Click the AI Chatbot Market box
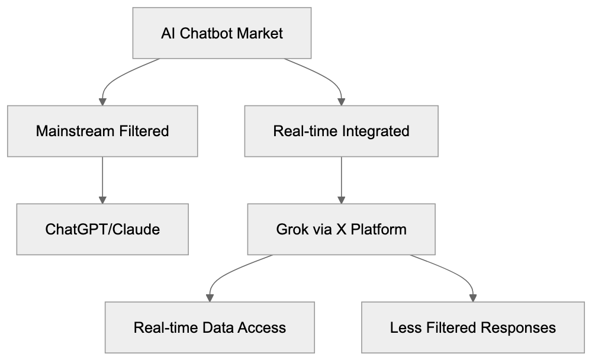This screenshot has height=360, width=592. click(x=221, y=33)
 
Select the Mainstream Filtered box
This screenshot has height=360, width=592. click(x=102, y=131)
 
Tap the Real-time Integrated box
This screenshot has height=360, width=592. click(x=341, y=131)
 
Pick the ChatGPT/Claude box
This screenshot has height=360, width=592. click(x=102, y=229)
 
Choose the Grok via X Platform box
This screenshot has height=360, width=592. click(x=341, y=229)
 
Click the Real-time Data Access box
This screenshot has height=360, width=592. click(x=210, y=327)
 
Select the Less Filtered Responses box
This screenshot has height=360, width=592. click(x=473, y=327)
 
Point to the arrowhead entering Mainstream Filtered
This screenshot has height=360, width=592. click(x=102, y=101)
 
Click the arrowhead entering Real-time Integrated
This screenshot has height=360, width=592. click(x=341, y=101)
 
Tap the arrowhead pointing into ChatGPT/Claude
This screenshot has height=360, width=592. click(x=102, y=199)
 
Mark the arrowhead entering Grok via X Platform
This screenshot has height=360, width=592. click(x=341, y=199)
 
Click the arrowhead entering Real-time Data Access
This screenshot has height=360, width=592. click(x=210, y=297)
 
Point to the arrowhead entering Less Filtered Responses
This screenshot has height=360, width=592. click(x=473, y=297)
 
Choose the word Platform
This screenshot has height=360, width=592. click(x=379, y=229)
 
